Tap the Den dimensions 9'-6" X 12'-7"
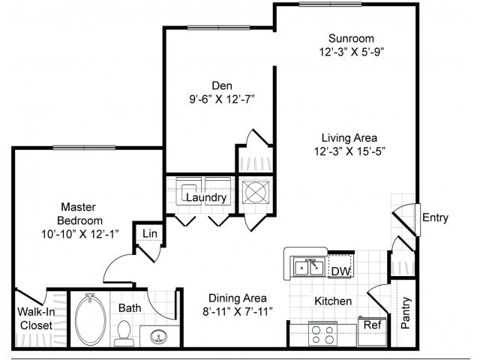(x=222, y=99)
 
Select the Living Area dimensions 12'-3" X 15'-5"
(x=349, y=151)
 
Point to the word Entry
(x=435, y=217)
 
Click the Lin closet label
(x=150, y=234)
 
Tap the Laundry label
(x=206, y=198)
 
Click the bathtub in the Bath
(x=90, y=319)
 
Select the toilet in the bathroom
(x=124, y=333)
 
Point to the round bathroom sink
(x=158, y=337)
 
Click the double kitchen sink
(x=309, y=267)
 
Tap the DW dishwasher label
(x=340, y=271)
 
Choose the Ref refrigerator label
(x=372, y=325)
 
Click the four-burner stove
(x=322, y=334)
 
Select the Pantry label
(x=405, y=313)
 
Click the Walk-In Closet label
(x=36, y=319)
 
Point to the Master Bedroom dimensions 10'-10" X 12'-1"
(x=80, y=234)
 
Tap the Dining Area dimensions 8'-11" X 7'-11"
(x=237, y=312)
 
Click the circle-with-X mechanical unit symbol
(x=256, y=192)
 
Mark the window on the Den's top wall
(x=218, y=28)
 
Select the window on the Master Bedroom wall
(x=84, y=148)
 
